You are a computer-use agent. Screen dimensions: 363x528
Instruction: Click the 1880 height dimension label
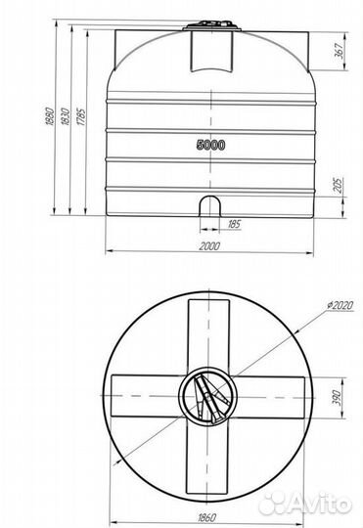pos(49,116)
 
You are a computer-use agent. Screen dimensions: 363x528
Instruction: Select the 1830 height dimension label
pos(65,116)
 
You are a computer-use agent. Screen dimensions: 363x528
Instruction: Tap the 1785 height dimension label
pos(81,117)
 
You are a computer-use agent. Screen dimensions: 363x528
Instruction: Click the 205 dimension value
pos(339,185)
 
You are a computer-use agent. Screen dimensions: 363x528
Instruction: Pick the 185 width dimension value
pos(234,224)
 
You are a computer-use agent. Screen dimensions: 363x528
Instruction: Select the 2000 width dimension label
pos(209,245)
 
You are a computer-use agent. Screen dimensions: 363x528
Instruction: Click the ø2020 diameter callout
pos(340,305)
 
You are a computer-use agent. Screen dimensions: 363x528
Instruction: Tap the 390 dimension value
pos(338,398)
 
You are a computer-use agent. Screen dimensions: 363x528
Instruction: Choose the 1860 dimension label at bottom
pos(206,517)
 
